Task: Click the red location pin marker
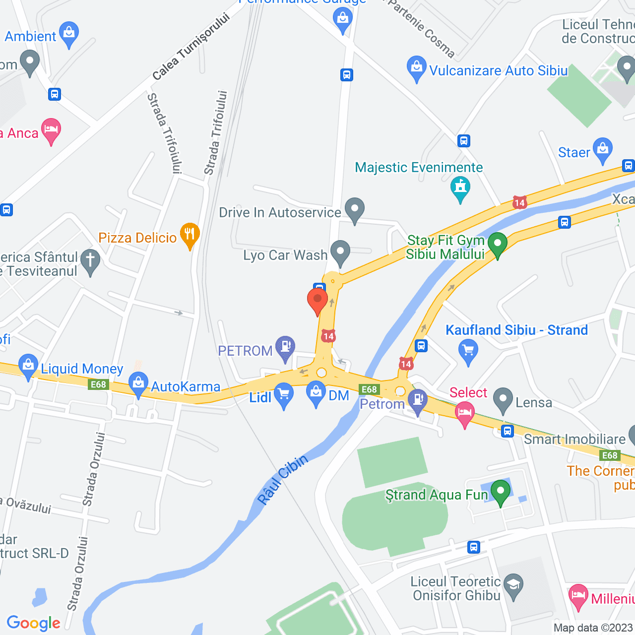coord(317,301)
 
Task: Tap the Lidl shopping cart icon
coord(284,395)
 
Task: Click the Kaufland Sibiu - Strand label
coord(516,330)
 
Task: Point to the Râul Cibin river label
coord(283,479)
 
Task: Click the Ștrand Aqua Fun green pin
coord(500,493)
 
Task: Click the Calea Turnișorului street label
coord(191,47)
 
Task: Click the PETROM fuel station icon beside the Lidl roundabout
coord(285,347)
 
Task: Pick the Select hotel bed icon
coord(464,413)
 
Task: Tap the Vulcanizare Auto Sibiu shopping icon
coord(417,68)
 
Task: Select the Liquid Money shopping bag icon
coord(28,366)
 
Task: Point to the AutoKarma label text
coord(186,386)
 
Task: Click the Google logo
coord(34,623)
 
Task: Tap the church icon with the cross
coord(90,261)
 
